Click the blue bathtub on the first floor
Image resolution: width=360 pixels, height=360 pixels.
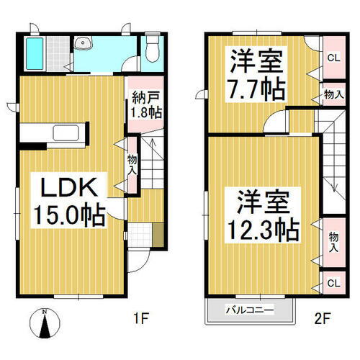point(34,51)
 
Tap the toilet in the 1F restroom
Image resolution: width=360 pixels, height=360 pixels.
point(151,50)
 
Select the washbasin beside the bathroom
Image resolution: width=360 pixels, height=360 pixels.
point(85,44)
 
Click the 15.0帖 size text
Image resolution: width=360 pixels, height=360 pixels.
point(69,214)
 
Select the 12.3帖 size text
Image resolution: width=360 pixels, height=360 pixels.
point(264,230)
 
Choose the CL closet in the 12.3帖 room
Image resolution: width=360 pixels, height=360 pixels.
point(332,283)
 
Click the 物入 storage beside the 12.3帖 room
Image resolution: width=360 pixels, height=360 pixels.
point(332,241)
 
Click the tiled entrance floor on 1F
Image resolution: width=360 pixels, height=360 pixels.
point(142,235)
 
